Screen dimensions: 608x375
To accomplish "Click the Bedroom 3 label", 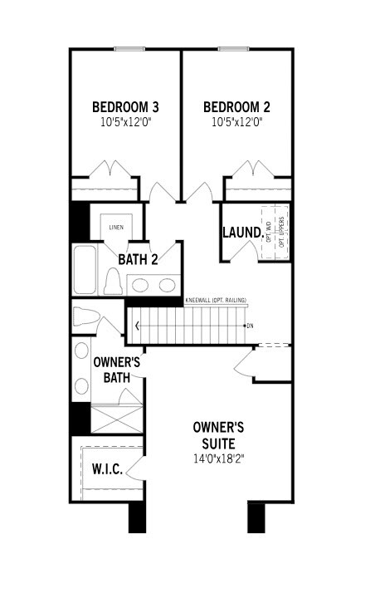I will [125, 107].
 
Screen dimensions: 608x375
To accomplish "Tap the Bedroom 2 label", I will [236, 107].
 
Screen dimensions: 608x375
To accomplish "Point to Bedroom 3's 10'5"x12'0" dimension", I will [125, 122].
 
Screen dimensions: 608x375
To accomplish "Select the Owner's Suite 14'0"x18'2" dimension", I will [219, 458].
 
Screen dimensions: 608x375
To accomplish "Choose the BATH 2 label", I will [137, 259].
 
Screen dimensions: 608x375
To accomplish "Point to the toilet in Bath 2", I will [114, 282].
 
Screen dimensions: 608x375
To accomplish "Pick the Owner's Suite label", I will [219, 434].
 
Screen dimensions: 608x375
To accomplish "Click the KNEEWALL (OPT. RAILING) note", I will [216, 300].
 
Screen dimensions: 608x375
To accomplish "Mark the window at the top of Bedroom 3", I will [127, 48].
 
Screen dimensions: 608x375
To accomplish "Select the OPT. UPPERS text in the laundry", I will [281, 233].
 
